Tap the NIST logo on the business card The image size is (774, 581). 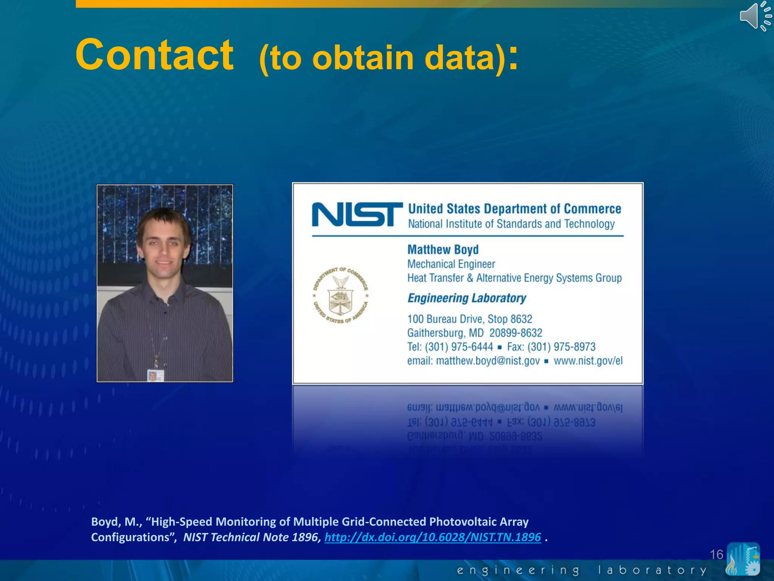click(357, 214)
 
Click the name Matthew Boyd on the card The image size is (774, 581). click(443, 250)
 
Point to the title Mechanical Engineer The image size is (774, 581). click(451, 264)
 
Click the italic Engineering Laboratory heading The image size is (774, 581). click(467, 298)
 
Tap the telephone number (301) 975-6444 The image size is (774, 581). click(459, 347)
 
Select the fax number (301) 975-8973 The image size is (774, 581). click(561, 347)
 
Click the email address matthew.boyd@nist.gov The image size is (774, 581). click(488, 361)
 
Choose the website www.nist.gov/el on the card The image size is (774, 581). click(588, 361)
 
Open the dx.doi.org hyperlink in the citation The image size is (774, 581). click(433, 537)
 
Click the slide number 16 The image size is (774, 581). click(716, 555)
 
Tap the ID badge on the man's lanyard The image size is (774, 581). click(155, 376)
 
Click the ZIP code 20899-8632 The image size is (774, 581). click(515, 333)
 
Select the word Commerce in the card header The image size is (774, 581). click(592, 209)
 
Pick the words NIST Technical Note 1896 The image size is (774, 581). click(251, 537)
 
